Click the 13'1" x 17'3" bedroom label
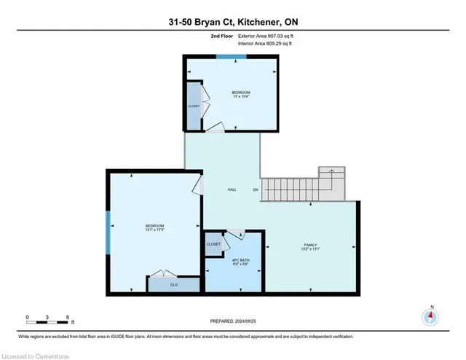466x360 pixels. (x=154, y=228)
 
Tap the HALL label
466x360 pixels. (x=232, y=189)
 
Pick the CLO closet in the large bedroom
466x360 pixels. (x=173, y=285)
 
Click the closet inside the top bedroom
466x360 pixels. (x=194, y=106)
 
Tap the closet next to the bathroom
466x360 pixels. (x=213, y=244)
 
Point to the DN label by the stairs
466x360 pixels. (x=255, y=189)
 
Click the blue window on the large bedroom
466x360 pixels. (x=108, y=232)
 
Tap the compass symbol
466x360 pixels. (x=431, y=317)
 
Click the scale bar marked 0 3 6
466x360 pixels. (x=47, y=319)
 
